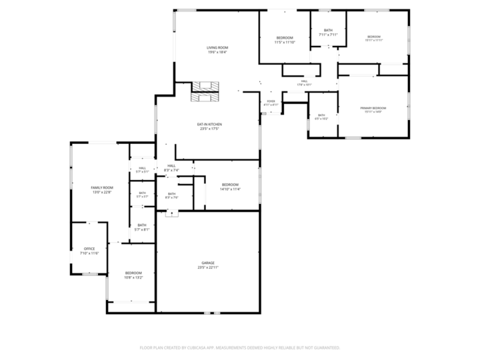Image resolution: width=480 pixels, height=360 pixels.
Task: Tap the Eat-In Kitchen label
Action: coord(209,124)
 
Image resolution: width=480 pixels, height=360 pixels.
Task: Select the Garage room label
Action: coord(208,263)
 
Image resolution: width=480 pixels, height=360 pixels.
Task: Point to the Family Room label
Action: coord(102,187)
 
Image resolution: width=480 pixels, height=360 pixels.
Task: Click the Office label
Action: coord(89,249)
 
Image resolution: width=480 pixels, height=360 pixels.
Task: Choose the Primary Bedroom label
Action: coord(373,107)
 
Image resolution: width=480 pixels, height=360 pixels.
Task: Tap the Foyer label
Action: coord(271,101)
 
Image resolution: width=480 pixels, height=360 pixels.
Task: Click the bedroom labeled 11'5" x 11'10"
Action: coord(285,37)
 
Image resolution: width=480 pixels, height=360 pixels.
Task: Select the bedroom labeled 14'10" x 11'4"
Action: coord(230,184)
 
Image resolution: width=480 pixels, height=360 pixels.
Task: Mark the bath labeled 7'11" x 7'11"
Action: coord(328,30)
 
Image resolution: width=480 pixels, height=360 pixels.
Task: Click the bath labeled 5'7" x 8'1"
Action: coord(142,225)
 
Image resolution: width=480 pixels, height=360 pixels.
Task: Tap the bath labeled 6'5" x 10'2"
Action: coord(321,115)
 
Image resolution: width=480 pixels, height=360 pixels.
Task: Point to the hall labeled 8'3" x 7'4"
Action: coord(171,165)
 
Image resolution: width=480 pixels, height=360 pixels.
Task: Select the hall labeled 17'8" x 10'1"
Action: coord(304,81)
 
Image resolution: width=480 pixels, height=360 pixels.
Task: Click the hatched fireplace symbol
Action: coord(205,91)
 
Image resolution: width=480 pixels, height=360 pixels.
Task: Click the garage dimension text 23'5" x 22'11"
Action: coord(208,267)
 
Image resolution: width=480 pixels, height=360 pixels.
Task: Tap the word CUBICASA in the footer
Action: coord(193,347)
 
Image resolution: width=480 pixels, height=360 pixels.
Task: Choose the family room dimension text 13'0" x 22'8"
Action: coord(102,192)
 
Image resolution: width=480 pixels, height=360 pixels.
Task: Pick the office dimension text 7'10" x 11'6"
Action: coord(89,253)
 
